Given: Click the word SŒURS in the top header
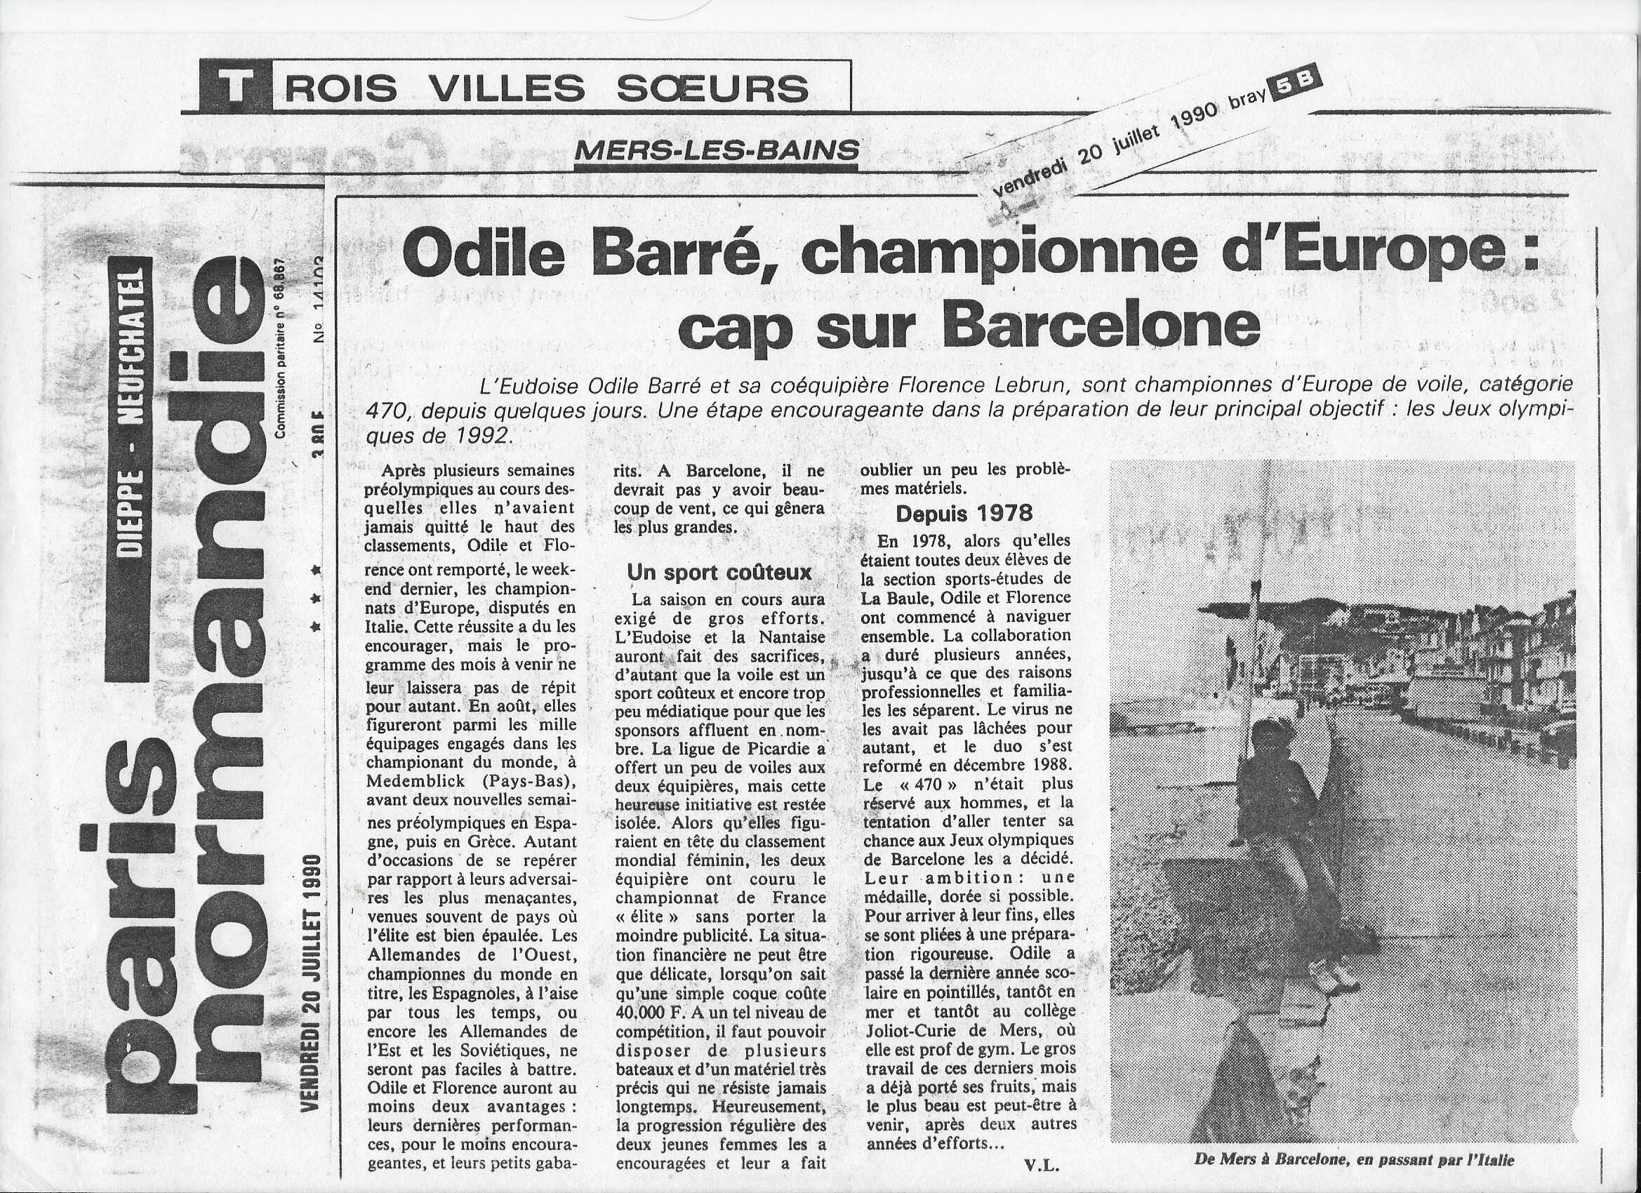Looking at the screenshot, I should (x=712, y=89).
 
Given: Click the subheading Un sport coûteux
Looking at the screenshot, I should (x=719, y=573).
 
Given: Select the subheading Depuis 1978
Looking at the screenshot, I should (x=963, y=513).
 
